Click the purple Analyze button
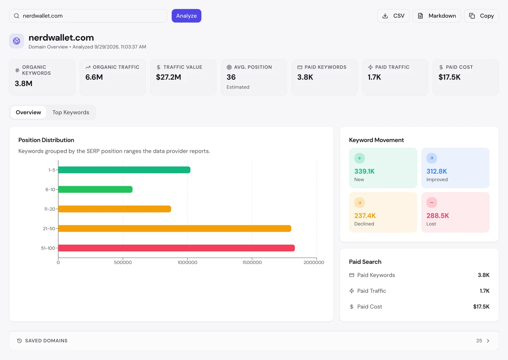[186, 16]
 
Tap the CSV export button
[393, 16]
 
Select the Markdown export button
[437, 16]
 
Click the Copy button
[481, 16]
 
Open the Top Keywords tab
[71, 112]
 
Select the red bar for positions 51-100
[176, 248]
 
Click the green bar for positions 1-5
[124, 170]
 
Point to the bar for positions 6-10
[95, 190]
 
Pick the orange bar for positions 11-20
[115, 209]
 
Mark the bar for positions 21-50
[175, 228]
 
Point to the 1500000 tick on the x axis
[252, 263]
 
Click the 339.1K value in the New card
[364, 171]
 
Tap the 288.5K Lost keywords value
[437, 216]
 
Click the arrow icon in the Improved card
[431, 158]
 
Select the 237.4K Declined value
[365, 216]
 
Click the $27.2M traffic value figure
[168, 77]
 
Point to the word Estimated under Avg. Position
[238, 87]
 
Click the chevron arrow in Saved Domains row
[488, 341]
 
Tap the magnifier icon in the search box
[16, 16]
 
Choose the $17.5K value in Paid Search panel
[481, 307]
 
